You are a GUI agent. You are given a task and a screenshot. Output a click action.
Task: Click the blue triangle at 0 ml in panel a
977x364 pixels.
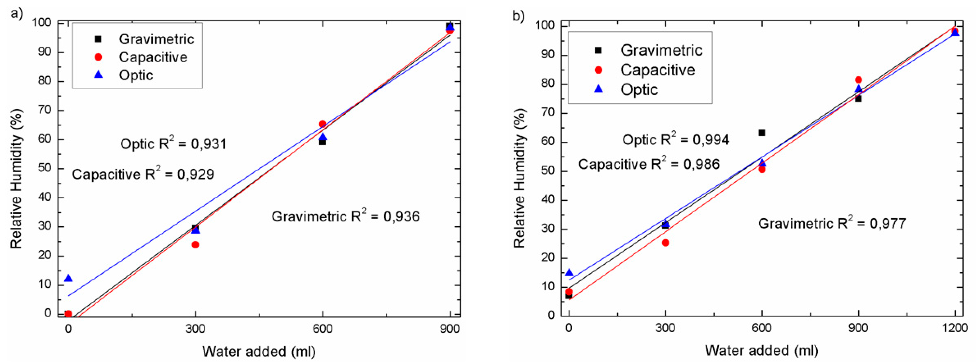point(68,278)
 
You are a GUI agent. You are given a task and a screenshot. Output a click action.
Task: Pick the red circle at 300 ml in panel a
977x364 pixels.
point(195,245)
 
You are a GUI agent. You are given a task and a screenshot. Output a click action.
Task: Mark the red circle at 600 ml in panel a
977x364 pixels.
point(322,124)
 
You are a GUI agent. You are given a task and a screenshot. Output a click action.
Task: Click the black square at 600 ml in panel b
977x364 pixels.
point(762,133)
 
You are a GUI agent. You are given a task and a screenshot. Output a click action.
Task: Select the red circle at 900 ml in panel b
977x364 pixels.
point(858,80)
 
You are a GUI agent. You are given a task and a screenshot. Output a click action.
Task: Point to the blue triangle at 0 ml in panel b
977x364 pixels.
point(569,273)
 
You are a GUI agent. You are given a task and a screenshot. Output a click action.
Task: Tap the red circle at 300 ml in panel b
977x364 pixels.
point(665,243)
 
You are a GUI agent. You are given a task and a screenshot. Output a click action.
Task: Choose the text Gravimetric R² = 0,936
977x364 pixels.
point(345,216)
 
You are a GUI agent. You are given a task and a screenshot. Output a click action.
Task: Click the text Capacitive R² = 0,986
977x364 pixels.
point(649,164)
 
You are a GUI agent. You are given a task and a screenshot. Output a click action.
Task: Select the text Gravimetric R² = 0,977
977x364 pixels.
point(832,223)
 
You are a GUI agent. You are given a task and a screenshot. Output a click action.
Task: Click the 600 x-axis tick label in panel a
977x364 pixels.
point(322,329)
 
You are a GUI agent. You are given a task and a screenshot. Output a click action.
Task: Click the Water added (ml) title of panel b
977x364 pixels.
point(761,350)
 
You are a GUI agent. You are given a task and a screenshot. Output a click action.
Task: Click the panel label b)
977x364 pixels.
point(518,16)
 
